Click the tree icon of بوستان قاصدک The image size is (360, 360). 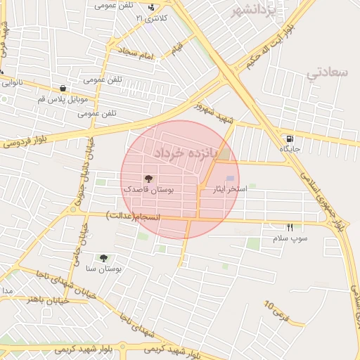pos(148,179)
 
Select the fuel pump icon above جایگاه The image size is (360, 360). pos(290,138)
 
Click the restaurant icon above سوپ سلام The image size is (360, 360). pos(290,227)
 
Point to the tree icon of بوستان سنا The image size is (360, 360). pos(103,258)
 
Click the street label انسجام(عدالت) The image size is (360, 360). pos(134,214)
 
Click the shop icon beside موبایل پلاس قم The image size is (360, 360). pos(64,89)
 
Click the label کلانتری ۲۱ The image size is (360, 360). pos(152,18)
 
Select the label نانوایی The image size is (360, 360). pos(12,82)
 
